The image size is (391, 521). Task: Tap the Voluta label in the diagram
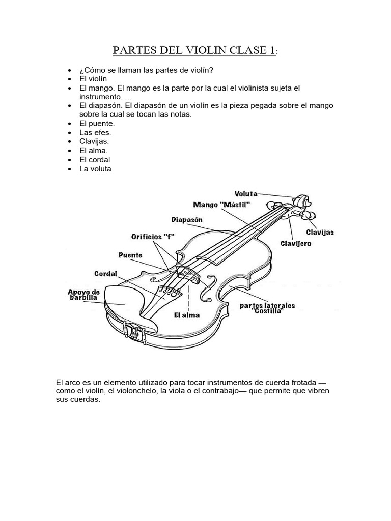(x=246, y=193)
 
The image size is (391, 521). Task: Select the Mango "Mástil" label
(x=221, y=205)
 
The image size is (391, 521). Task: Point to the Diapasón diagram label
(x=187, y=220)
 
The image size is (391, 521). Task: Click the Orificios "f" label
(x=150, y=237)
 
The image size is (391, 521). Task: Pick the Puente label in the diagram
(x=130, y=255)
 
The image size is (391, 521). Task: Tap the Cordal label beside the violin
(x=105, y=274)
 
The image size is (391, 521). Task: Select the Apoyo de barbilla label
(x=83, y=295)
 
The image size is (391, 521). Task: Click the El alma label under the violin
(x=187, y=315)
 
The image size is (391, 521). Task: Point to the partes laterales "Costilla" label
(x=267, y=308)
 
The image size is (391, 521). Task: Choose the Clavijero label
(x=296, y=244)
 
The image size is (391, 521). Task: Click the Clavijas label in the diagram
(x=320, y=232)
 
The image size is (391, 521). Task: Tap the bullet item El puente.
(x=97, y=123)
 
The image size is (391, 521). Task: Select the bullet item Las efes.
(x=95, y=132)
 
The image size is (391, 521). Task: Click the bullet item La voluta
(x=95, y=169)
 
